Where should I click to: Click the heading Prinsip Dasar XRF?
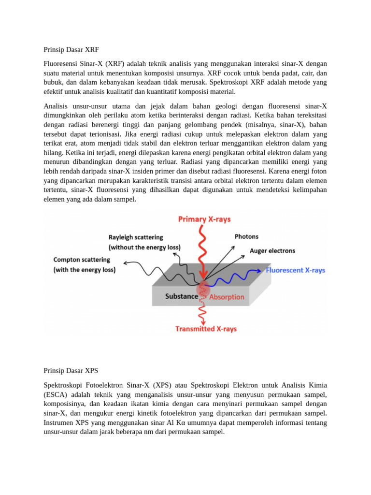point(71,49)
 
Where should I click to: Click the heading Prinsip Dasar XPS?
point(71,371)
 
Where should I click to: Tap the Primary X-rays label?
point(204,219)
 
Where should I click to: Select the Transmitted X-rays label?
point(206,329)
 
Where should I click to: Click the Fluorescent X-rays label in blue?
point(296,271)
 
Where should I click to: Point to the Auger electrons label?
point(272,250)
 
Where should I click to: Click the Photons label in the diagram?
point(246,236)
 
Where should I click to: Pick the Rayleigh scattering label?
point(136,237)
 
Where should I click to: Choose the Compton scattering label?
point(82,260)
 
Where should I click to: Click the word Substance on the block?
point(182,296)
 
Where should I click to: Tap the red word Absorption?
point(227,297)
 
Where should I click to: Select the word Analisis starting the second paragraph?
point(57,106)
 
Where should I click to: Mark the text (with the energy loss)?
point(85,270)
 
